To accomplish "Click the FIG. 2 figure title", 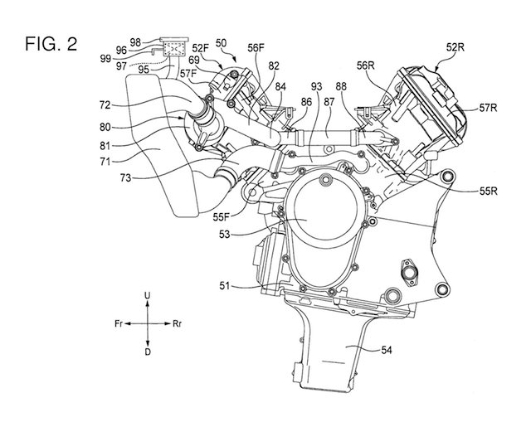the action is pyautogui.click(x=51, y=44).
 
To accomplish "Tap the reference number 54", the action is pyautogui.click(x=387, y=350).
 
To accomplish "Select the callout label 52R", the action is pyautogui.click(x=455, y=47).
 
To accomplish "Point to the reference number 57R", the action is pyautogui.click(x=489, y=108).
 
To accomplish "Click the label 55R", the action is pyautogui.click(x=489, y=192).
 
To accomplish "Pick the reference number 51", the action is pyautogui.click(x=225, y=286).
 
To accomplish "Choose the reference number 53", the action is pyautogui.click(x=225, y=234).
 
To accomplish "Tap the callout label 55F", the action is pyautogui.click(x=222, y=217).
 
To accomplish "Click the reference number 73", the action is pyautogui.click(x=125, y=177).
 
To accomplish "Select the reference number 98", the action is pyautogui.click(x=135, y=42).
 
